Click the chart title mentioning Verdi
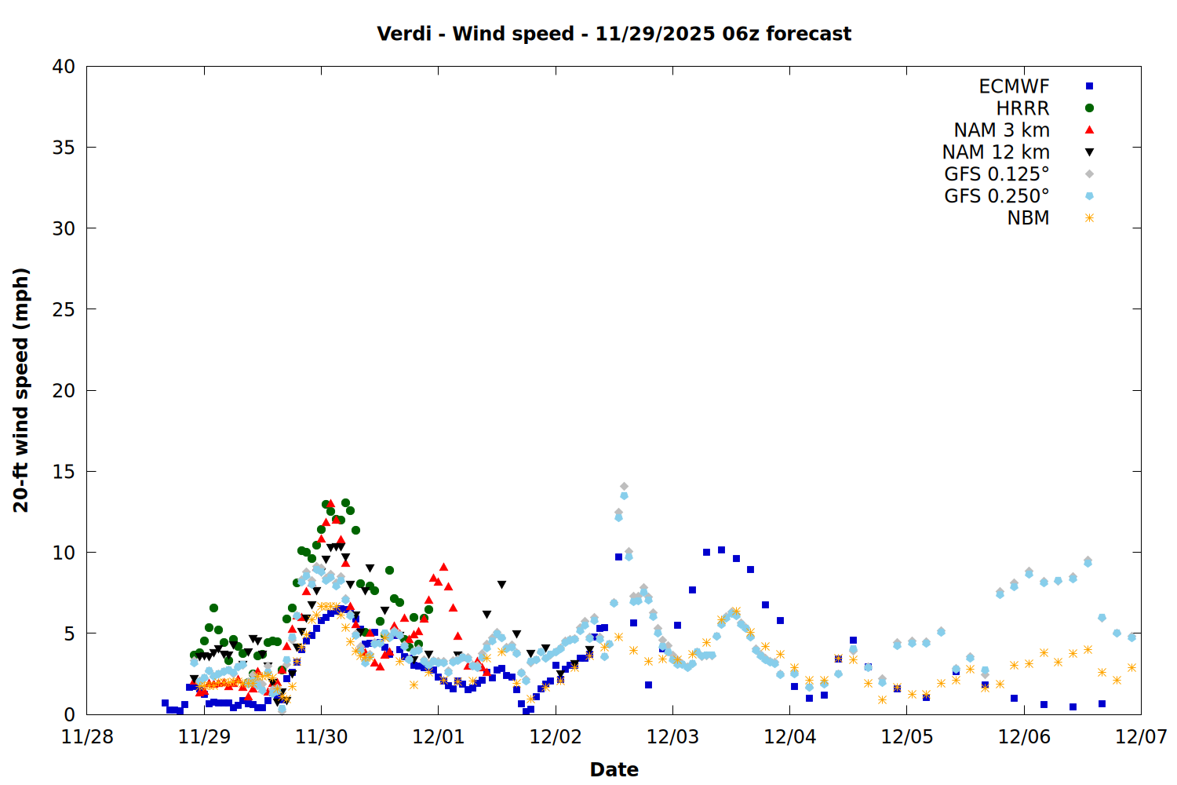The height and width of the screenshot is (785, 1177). (x=614, y=34)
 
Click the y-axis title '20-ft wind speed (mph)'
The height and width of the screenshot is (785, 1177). (x=21, y=390)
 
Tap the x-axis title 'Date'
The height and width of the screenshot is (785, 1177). (x=614, y=769)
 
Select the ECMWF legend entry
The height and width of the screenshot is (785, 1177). (x=1014, y=86)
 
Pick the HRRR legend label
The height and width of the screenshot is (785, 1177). (x=1022, y=108)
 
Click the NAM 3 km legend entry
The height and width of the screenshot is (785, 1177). (x=1001, y=130)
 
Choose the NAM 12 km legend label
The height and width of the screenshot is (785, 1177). (x=996, y=152)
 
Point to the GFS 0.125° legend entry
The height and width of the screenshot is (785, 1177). (x=997, y=174)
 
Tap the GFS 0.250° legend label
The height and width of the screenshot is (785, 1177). (x=997, y=196)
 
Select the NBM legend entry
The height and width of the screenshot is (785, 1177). (x=1028, y=218)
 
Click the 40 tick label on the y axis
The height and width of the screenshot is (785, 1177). (x=64, y=67)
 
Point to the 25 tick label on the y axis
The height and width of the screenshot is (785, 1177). (x=64, y=309)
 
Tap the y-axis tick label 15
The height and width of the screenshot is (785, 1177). (x=64, y=471)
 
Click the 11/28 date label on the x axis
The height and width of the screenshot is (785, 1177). (x=87, y=736)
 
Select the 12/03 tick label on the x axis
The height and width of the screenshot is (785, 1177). (x=672, y=736)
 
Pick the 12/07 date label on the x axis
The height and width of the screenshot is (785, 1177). (x=1141, y=736)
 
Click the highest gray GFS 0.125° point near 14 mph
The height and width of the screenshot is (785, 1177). (x=624, y=487)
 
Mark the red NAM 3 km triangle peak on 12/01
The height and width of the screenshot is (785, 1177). (x=444, y=567)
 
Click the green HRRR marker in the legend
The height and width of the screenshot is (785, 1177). (x=1089, y=108)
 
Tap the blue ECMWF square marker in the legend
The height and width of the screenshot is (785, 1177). (x=1089, y=86)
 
